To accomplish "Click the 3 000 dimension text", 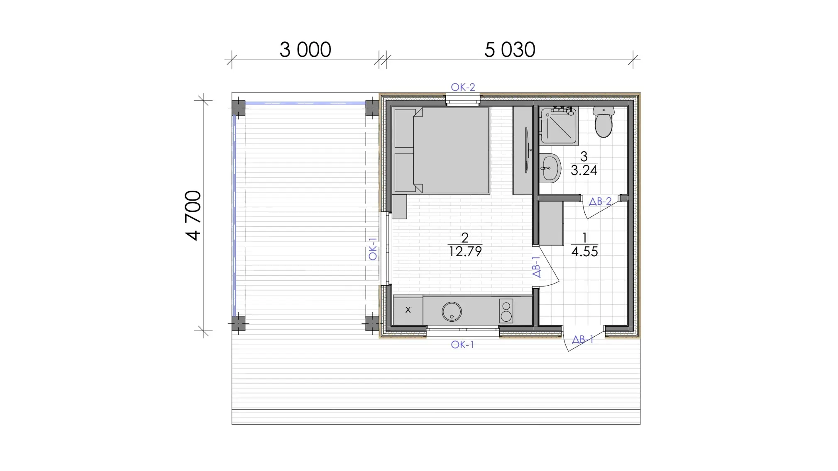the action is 305,50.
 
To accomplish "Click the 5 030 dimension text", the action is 510,50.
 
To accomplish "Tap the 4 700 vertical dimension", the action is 193,215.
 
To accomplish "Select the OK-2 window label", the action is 463,87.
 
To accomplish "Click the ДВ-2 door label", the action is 600,202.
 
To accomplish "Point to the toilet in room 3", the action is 603,121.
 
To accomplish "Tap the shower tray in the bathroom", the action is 558,126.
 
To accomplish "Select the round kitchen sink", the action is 452,311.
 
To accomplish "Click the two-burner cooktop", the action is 506,311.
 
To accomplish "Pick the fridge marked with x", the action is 408,310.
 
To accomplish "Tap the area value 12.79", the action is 465,252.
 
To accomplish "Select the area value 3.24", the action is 584,170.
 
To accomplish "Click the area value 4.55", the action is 584,252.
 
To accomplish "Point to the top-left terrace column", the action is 239,108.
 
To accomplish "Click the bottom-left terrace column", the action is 239,323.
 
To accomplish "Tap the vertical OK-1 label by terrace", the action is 373,249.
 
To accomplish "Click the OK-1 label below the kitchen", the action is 462,345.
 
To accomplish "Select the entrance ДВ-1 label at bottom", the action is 583,340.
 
